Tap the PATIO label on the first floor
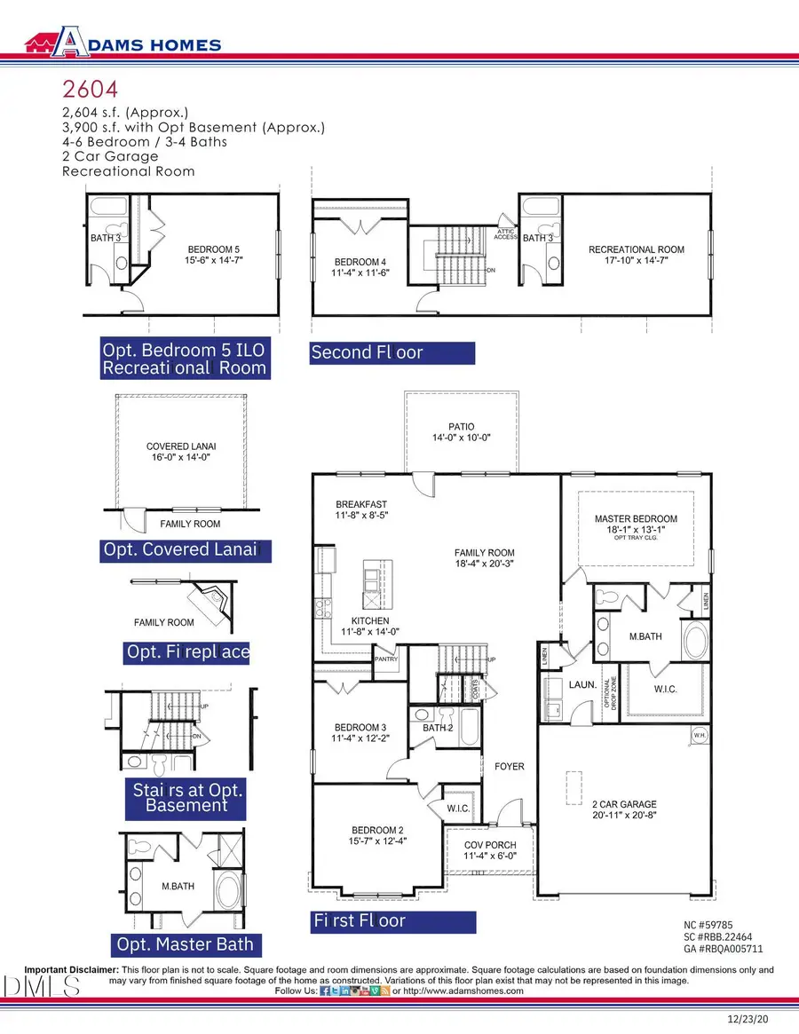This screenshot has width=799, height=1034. pyautogui.click(x=461, y=426)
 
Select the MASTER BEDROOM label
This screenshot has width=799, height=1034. pyautogui.click(x=636, y=518)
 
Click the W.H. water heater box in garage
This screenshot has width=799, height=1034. pyautogui.click(x=699, y=736)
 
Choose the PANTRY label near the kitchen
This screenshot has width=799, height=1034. pyautogui.click(x=386, y=659)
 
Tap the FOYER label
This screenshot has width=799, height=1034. pyautogui.click(x=510, y=766)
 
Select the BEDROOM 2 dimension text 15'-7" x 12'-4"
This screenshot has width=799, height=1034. pyautogui.click(x=379, y=841)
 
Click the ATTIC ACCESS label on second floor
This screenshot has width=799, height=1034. pyautogui.click(x=505, y=233)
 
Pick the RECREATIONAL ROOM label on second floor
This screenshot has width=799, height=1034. pyautogui.click(x=635, y=250)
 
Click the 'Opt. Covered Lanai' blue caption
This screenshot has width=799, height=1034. pyautogui.click(x=180, y=550)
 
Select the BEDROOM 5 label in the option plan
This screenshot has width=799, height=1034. pyautogui.click(x=213, y=249)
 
